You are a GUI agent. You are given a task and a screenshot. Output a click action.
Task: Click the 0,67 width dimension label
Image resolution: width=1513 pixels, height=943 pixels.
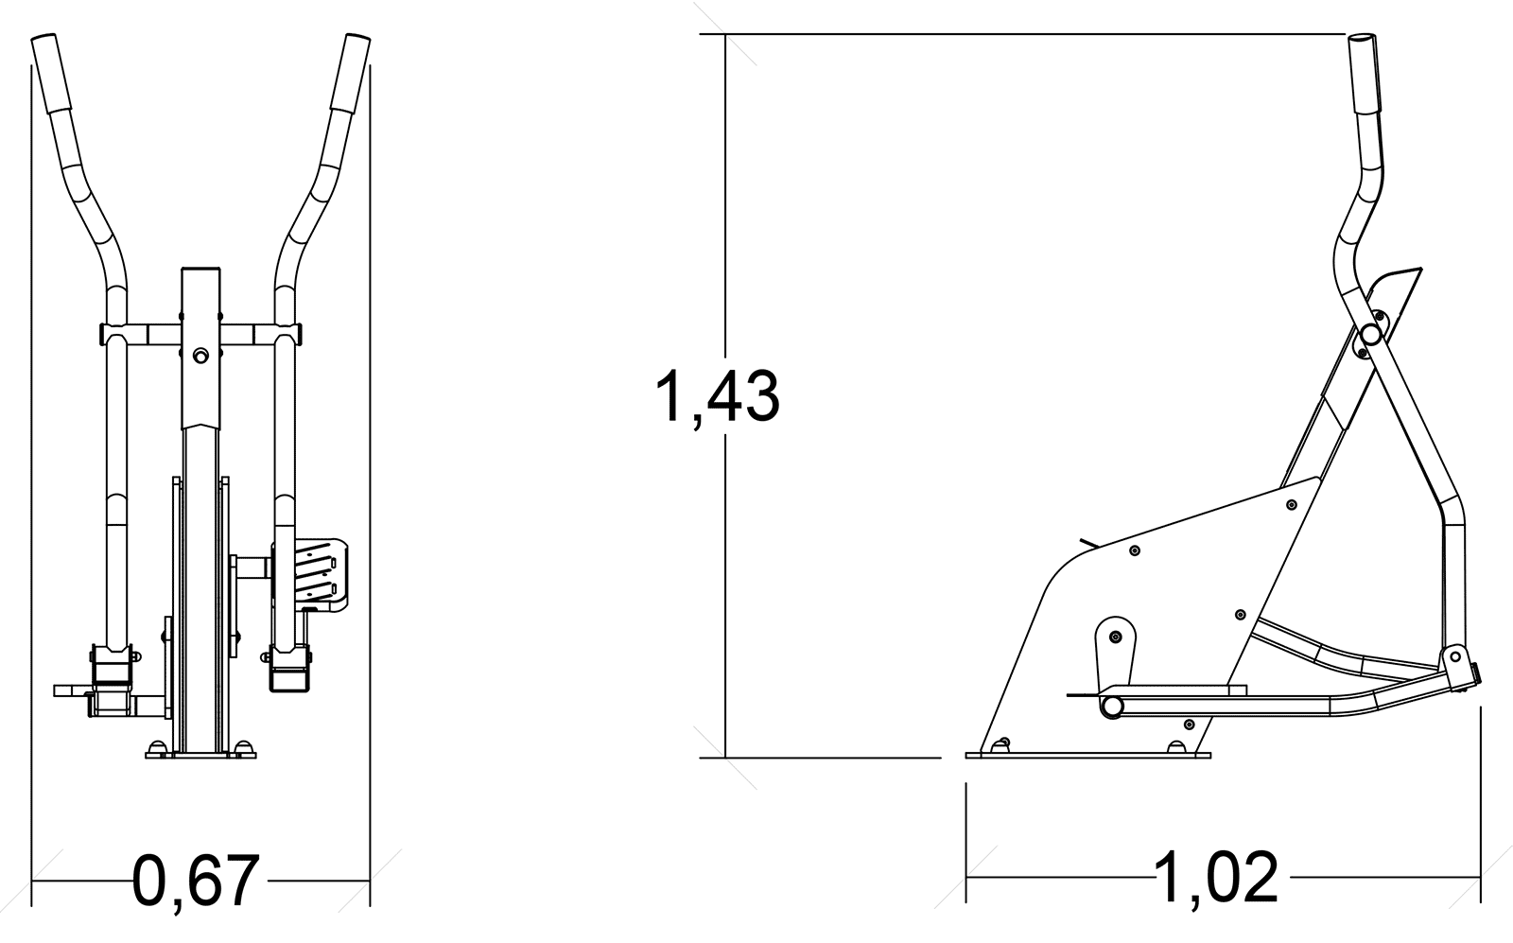coord(196,882)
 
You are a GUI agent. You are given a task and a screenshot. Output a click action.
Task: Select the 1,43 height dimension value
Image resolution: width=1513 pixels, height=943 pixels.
coord(718,396)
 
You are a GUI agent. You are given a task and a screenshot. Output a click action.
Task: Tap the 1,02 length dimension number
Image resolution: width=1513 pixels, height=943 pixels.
coord(1216,877)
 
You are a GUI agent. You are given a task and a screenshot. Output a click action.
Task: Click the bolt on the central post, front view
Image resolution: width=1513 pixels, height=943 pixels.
coord(200,356)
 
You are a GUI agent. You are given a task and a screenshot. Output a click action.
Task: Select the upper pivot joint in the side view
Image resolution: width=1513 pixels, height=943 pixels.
coord(1370,334)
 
